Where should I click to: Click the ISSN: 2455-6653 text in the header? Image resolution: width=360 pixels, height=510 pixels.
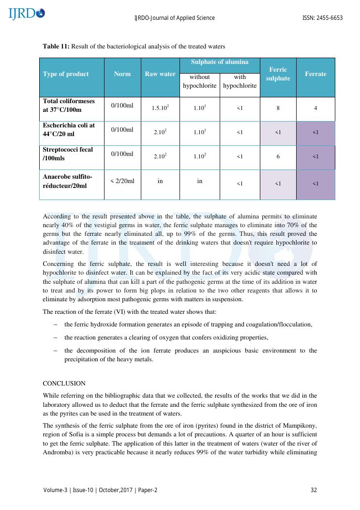(322, 18)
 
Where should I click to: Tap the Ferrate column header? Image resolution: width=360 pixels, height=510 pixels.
(315, 74)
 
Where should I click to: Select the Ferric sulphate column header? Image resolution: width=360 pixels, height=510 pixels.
(278, 74)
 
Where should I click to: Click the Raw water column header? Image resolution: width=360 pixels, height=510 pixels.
(160, 74)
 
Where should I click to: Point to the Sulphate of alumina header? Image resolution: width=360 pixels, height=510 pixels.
(220, 62)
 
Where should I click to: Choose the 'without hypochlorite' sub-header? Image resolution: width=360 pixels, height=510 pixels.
(199, 81)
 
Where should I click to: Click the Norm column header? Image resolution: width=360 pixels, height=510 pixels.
(122, 74)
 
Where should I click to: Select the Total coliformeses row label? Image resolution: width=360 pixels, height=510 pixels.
(69, 106)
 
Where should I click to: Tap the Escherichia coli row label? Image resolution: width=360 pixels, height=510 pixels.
(69, 129)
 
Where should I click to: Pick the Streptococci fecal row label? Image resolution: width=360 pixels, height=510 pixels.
(68, 154)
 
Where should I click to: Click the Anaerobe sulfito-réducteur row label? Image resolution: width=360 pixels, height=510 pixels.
(67, 181)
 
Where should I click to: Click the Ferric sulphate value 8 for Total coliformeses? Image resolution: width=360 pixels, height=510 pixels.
(278, 108)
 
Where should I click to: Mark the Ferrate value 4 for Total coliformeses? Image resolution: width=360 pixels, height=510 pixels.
(315, 108)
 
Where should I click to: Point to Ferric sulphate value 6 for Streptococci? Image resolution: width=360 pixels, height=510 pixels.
(278, 156)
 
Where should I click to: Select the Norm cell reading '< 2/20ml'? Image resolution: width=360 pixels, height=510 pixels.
(122, 181)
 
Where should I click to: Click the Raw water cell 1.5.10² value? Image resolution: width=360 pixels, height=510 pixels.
(160, 108)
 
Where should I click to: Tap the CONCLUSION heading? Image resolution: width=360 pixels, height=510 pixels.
(64, 383)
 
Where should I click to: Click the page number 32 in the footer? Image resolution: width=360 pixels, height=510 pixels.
(314, 490)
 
